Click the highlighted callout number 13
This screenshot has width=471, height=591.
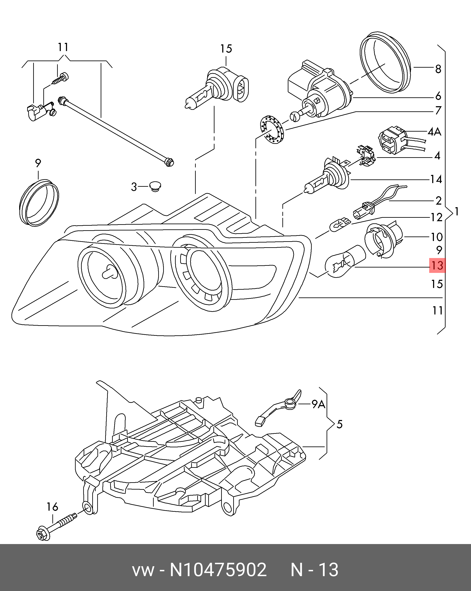(437, 265)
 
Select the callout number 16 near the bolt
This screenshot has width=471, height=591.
(52, 507)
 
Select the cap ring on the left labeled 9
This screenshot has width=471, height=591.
(39, 203)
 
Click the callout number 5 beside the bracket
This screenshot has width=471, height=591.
(340, 425)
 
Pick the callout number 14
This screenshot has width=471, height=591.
(436, 179)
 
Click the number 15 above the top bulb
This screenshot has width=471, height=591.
(226, 49)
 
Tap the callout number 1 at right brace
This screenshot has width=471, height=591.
(457, 212)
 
